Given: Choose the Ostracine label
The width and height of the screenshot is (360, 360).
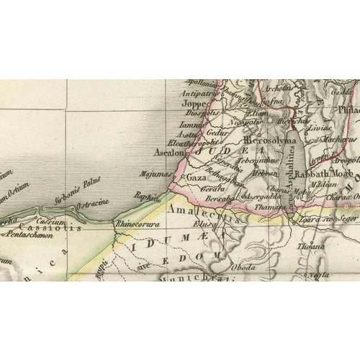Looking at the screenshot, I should coord(94,202).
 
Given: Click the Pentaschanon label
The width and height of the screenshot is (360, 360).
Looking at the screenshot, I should coord(26,235).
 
